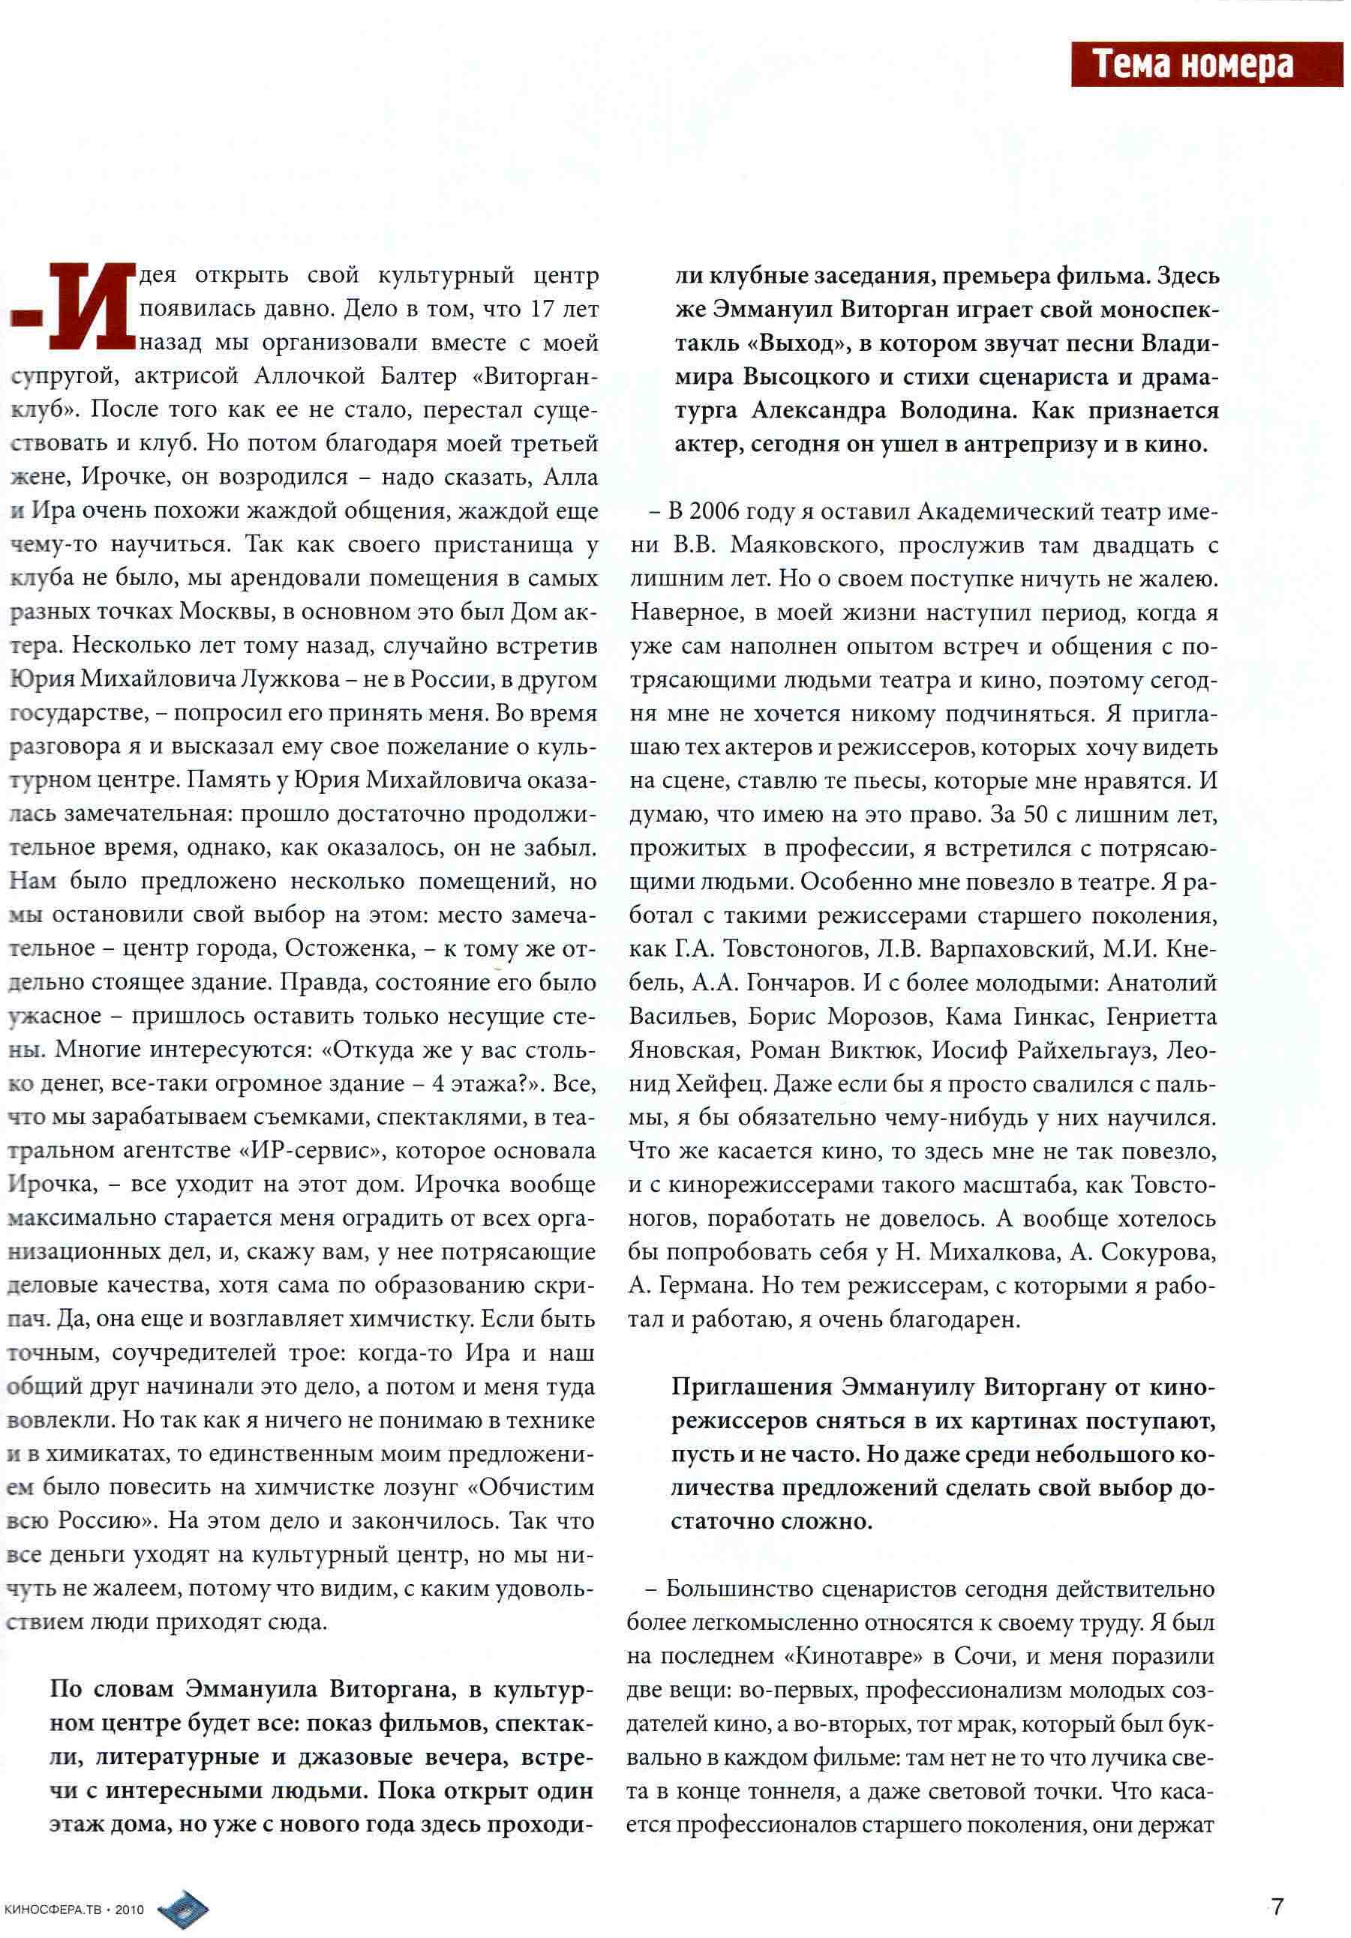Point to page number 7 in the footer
[1277, 1906]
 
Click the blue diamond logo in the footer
[183, 1909]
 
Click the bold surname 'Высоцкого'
[806, 377]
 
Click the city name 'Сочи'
[982, 1655]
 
